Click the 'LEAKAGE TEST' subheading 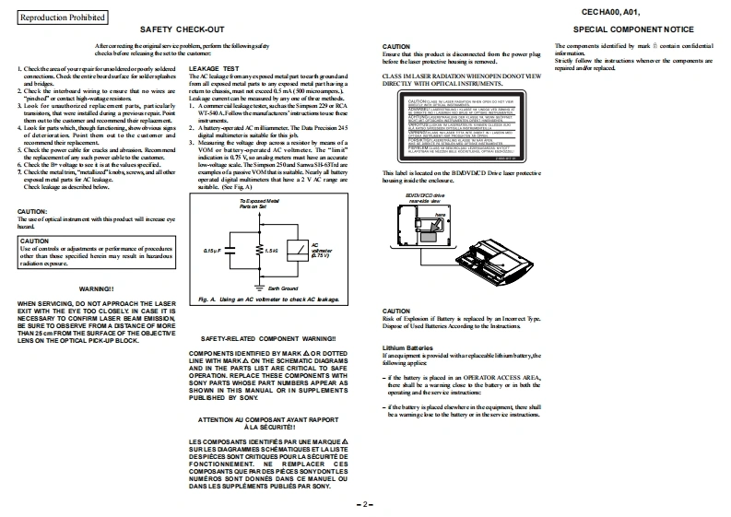click(213, 68)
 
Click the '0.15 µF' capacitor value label click(212, 250)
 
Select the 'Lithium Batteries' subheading click(407, 347)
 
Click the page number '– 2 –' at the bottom click(365, 505)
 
